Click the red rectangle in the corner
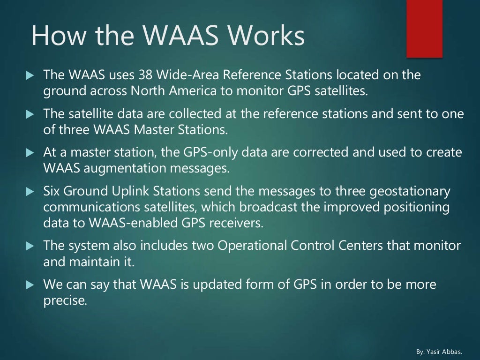(424, 29)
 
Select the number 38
(146, 75)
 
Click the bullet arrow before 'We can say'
(30, 285)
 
